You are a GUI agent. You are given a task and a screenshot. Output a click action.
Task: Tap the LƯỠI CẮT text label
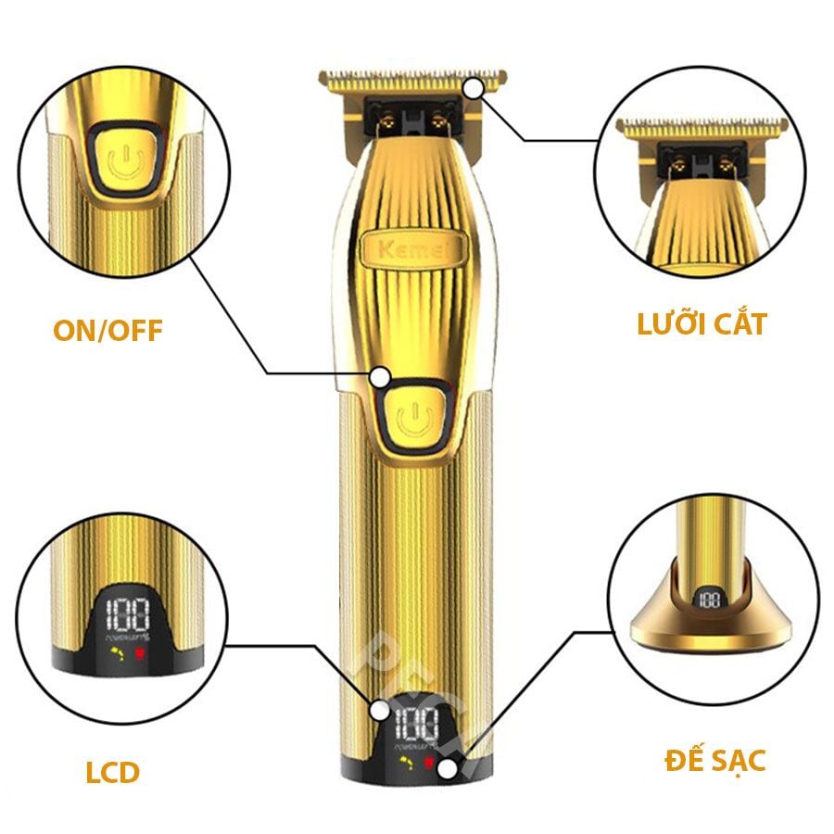[x=701, y=324]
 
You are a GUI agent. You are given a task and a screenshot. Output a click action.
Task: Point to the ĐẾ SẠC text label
[x=714, y=761]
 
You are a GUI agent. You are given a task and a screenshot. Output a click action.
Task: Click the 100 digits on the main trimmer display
[x=416, y=723]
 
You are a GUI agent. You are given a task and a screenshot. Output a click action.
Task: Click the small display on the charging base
[x=710, y=600]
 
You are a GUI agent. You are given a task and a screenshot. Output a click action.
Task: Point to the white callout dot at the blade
[x=475, y=89]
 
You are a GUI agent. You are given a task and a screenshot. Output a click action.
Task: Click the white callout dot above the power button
[x=381, y=377]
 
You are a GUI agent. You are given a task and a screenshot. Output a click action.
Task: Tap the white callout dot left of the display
[x=380, y=711]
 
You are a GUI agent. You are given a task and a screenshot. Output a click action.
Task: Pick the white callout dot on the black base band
[x=449, y=768]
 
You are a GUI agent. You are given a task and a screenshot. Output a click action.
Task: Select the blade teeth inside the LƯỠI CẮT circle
[x=701, y=125]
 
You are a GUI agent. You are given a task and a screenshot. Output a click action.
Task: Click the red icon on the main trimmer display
[x=429, y=763]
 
